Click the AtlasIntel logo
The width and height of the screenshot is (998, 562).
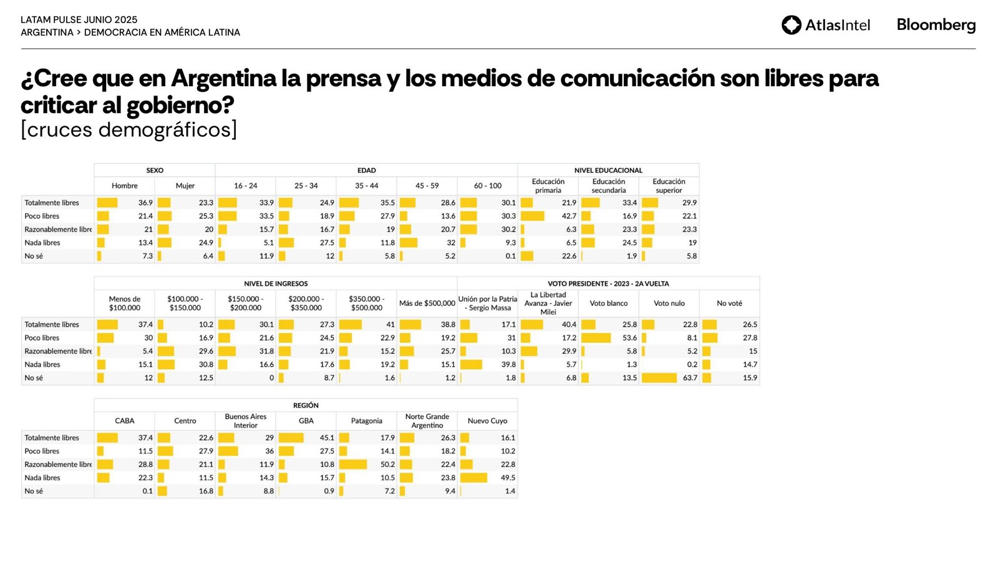pos(825,25)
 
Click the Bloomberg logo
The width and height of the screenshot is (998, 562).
pos(936,25)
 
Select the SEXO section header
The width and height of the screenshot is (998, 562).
pos(155,170)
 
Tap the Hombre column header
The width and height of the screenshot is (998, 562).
pos(125,186)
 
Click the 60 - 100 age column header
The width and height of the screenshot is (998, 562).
pos(487,186)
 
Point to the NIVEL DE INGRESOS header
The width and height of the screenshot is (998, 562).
pos(276,283)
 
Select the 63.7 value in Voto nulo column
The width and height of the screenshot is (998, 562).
pos(690,378)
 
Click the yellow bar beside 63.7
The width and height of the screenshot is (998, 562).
pos(659,378)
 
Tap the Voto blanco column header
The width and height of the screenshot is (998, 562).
pos(609,303)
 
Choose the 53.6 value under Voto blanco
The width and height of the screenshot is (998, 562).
pos(629,338)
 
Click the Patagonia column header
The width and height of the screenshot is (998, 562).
pos(366,421)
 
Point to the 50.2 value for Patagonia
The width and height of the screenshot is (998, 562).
pos(387,465)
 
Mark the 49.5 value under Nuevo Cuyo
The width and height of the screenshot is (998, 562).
pos(508,478)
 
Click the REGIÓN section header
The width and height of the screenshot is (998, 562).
pos(306,405)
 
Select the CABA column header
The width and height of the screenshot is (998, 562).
pos(125,421)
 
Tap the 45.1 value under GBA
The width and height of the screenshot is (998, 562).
pos(327,438)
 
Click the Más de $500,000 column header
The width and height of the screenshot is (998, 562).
pos(427,303)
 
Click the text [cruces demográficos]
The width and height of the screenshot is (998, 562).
pos(129,130)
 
